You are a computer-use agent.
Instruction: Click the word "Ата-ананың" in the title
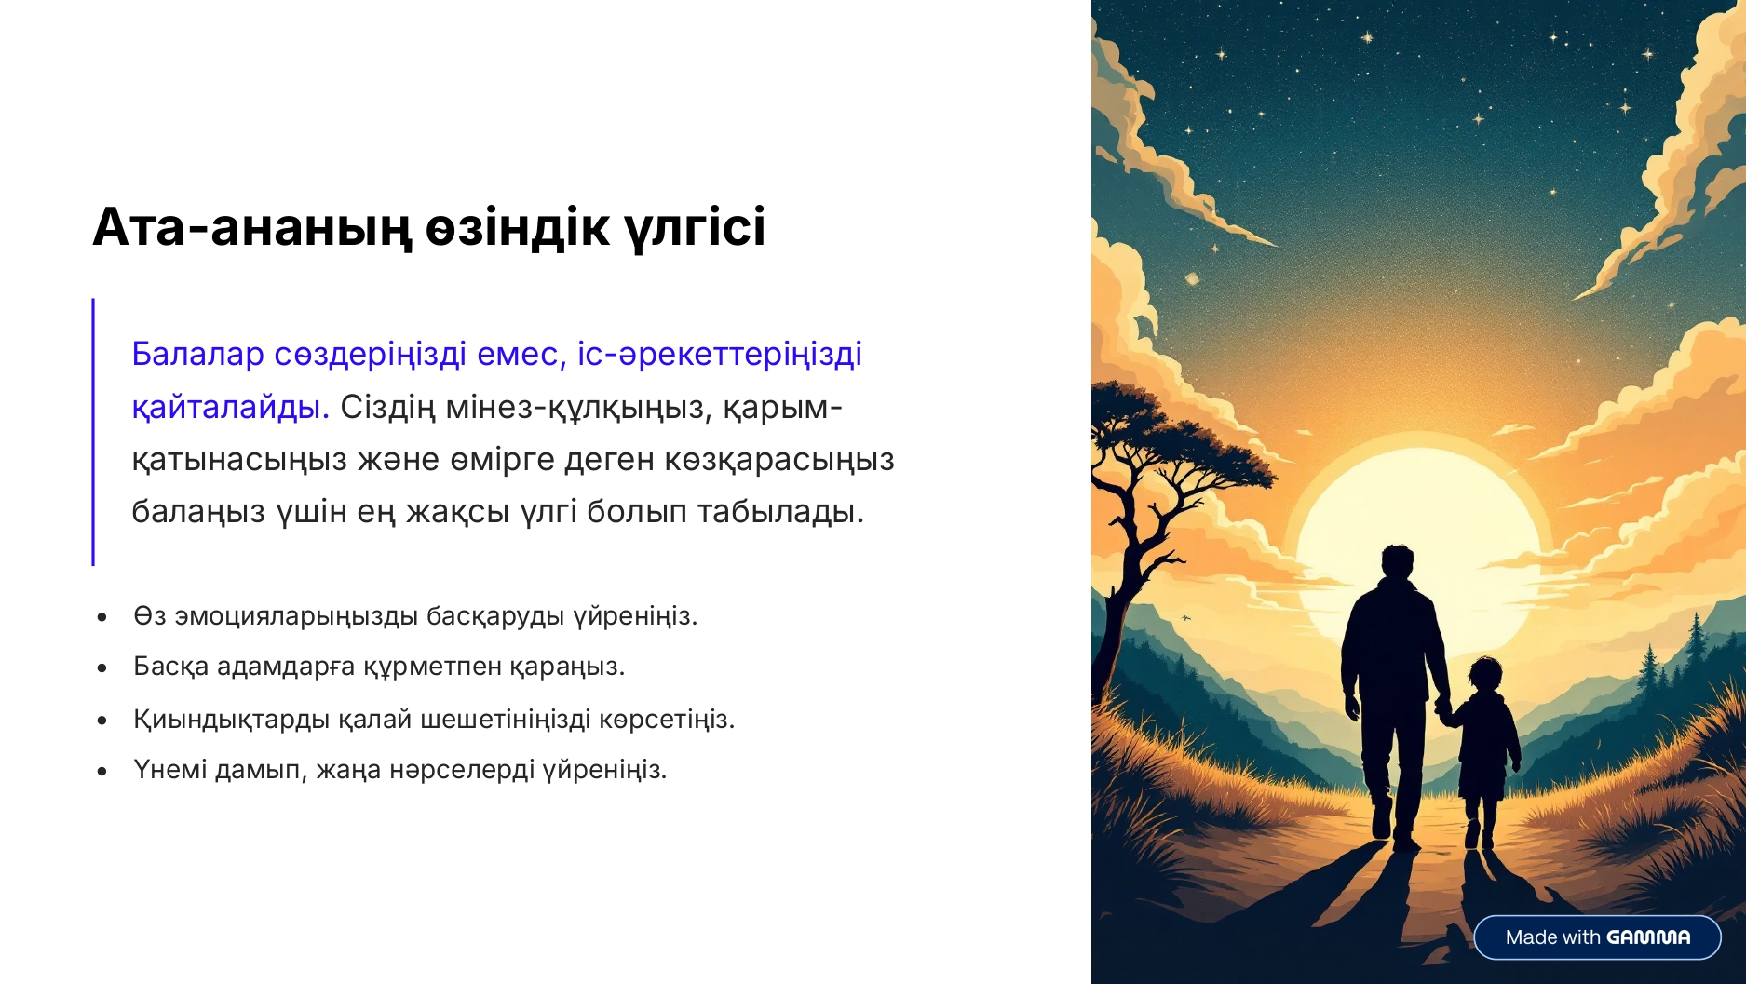click(x=251, y=228)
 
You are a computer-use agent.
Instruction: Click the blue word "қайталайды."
click(x=230, y=408)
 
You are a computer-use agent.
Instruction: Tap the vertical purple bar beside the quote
click(x=93, y=432)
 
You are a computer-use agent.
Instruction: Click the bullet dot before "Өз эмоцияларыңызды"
click(x=102, y=617)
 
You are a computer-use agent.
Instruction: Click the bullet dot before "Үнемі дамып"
click(x=102, y=771)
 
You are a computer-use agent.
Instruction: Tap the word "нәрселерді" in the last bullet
click(x=463, y=771)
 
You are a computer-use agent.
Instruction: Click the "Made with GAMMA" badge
click(x=1597, y=937)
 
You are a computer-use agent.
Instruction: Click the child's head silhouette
click(x=1485, y=675)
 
